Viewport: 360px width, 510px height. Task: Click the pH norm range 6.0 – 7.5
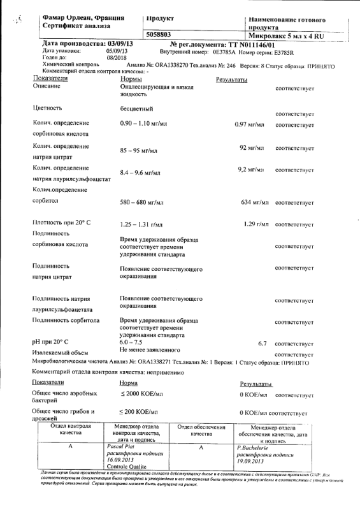point(133,342)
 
